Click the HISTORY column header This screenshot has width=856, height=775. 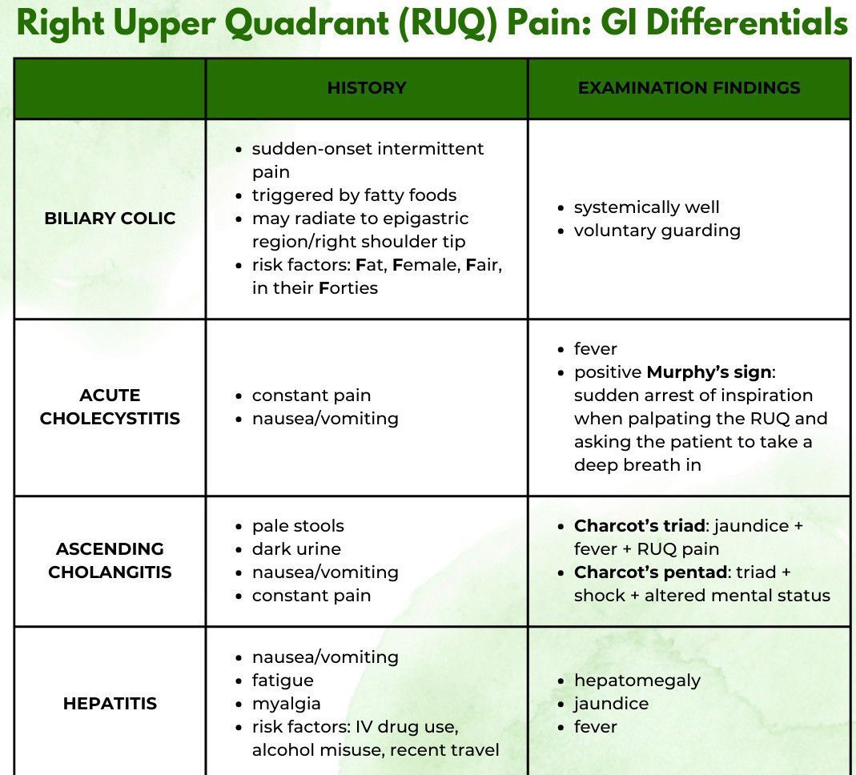click(366, 88)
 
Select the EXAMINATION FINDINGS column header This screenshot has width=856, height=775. click(689, 88)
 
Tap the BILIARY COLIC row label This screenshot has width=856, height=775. click(110, 219)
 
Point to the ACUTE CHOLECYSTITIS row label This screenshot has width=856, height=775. click(110, 407)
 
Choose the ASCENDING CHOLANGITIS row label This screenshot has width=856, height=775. click(110, 560)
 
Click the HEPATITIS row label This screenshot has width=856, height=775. click(110, 704)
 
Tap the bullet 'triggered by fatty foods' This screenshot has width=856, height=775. click(354, 195)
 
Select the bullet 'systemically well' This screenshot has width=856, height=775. click(646, 207)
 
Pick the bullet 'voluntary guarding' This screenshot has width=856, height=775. click(657, 231)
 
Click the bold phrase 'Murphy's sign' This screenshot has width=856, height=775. click(708, 372)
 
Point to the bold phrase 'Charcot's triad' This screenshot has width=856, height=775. click(640, 526)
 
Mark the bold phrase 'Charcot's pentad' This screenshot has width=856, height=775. click(648, 572)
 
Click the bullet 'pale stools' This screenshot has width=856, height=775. click(298, 526)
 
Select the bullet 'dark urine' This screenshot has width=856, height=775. click(296, 549)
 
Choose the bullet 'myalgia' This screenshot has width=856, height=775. click(286, 704)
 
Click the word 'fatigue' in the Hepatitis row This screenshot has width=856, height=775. click(283, 681)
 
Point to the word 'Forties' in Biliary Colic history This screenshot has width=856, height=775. click(348, 287)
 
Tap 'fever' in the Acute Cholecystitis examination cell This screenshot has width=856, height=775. click(595, 349)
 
